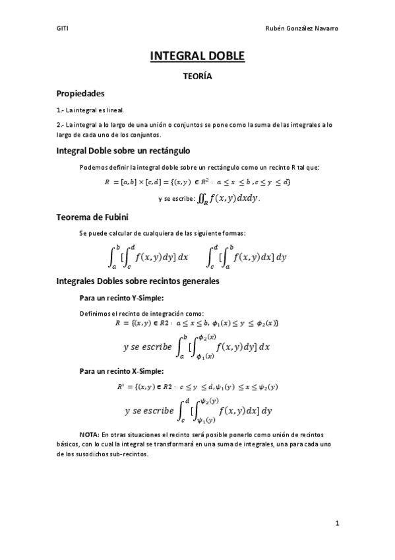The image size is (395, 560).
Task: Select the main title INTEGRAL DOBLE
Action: (x=197, y=57)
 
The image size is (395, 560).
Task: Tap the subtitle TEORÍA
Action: (x=197, y=77)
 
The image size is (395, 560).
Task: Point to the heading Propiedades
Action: (x=80, y=94)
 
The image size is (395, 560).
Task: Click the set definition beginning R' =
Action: (x=197, y=386)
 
